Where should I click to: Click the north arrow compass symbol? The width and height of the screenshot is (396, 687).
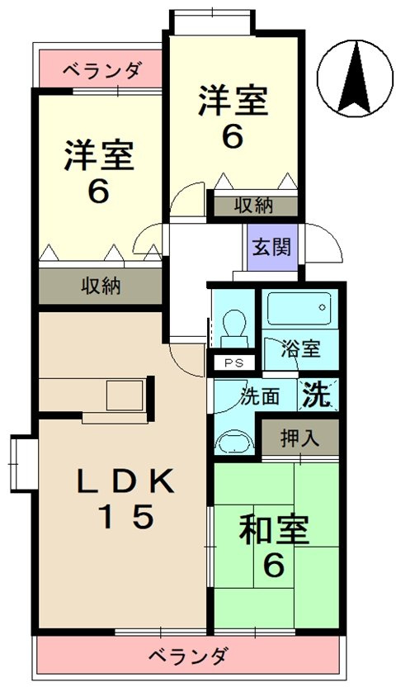(355, 78)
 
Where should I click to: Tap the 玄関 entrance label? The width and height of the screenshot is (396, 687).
(271, 248)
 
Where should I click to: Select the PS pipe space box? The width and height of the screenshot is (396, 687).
(231, 362)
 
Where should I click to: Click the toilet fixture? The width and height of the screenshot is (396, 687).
(235, 328)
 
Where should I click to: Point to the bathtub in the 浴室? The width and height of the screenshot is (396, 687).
(299, 309)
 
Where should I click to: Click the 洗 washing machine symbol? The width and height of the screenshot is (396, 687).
(318, 394)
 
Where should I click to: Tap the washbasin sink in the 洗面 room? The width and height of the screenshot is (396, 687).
(234, 439)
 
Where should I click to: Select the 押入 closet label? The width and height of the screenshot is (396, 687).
(300, 439)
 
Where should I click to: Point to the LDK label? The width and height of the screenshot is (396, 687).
(125, 482)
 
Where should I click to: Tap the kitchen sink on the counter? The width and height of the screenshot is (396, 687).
(125, 396)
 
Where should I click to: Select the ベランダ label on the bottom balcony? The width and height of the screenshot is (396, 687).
(188, 656)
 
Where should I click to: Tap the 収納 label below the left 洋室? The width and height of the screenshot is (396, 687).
(101, 286)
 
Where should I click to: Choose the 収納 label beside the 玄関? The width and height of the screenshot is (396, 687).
(253, 206)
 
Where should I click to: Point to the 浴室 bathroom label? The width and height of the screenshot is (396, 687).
(300, 349)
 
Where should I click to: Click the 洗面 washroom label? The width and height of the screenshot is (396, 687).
(260, 396)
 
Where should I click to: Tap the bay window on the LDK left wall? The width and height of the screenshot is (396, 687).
(23, 463)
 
